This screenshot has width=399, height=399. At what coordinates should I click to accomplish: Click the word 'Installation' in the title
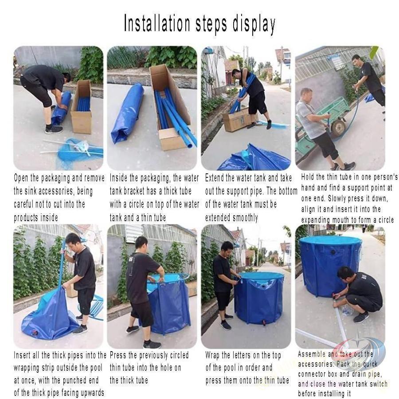157,23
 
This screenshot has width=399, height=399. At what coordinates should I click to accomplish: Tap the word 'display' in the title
254,25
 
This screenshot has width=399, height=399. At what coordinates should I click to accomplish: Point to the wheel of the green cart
338,128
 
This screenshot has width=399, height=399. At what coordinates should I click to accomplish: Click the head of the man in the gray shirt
307,95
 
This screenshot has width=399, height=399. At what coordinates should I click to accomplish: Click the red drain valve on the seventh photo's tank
264,323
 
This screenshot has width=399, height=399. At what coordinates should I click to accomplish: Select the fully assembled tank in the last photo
330,266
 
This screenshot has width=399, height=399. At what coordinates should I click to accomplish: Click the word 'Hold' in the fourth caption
307,176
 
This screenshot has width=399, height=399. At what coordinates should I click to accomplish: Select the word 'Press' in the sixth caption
118,355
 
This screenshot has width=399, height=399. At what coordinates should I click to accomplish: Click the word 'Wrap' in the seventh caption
212,355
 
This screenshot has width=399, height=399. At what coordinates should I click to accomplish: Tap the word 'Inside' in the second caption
119,178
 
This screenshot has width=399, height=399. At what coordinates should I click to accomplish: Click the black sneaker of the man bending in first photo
54,129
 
